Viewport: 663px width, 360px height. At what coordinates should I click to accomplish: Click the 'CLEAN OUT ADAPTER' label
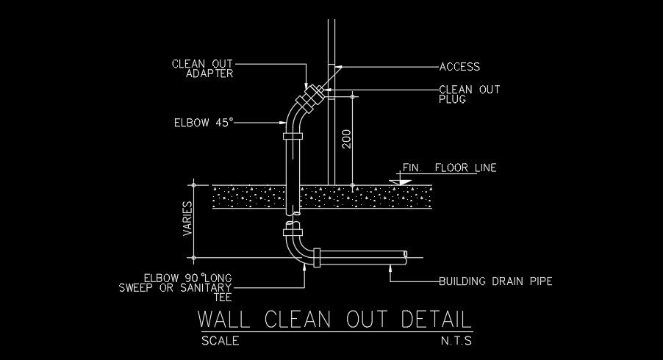click(202, 68)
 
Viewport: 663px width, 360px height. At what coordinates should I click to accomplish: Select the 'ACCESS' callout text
click(459, 67)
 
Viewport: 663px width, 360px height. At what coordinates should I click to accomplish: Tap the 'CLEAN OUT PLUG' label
click(469, 94)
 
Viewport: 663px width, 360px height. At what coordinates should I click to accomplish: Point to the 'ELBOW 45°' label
click(204, 122)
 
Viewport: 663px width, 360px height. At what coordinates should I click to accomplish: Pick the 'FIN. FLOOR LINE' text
click(449, 168)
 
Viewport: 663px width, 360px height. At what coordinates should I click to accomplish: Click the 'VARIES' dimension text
click(187, 219)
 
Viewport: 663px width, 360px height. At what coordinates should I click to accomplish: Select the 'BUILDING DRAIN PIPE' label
click(495, 281)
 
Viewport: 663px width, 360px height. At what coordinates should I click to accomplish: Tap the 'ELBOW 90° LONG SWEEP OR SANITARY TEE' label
click(176, 287)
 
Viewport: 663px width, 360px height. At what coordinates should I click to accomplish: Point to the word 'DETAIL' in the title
click(436, 320)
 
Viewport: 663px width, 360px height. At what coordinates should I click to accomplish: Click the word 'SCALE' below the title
click(220, 341)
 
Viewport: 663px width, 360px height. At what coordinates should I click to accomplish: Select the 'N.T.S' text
click(456, 341)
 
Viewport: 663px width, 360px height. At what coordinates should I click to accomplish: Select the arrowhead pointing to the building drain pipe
click(391, 267)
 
